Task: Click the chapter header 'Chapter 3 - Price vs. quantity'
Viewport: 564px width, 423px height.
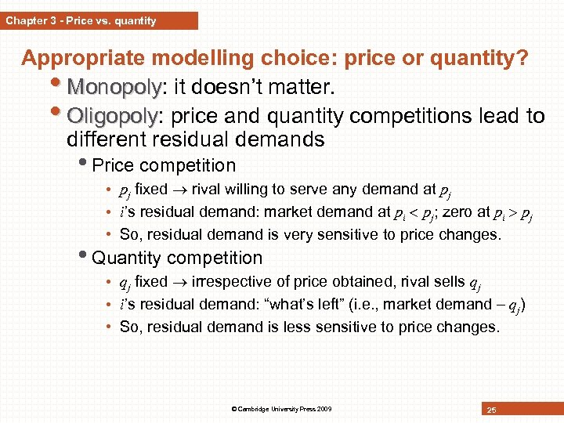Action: (x=81, y=20)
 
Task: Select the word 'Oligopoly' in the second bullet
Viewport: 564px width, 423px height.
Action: (x=113, y=117)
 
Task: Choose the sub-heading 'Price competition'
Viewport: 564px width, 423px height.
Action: (x=164, y=166)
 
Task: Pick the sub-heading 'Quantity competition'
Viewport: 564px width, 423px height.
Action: (x=177, y=258)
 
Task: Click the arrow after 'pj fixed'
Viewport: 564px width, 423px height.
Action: (x=179, y=190)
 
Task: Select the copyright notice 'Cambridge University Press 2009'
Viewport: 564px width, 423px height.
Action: (x=281, y=409)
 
